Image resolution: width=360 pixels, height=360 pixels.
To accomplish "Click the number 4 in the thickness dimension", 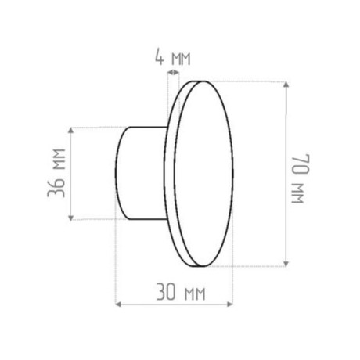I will tap(159, 57).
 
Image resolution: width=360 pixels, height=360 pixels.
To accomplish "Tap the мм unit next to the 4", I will tap(180, 59).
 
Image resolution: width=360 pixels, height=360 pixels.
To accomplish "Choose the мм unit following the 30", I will tap(193, 295).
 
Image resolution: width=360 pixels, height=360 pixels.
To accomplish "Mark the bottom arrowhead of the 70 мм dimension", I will tap(290, 263).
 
